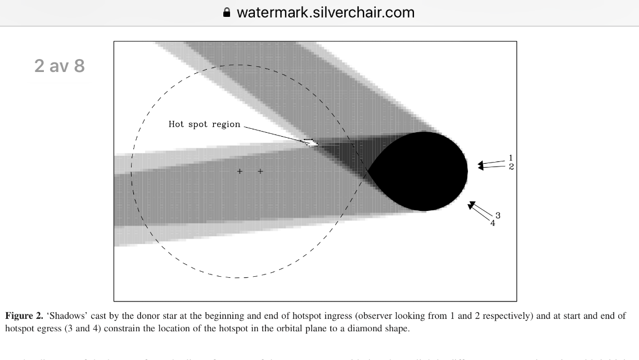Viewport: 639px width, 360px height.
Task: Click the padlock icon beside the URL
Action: point(227,12)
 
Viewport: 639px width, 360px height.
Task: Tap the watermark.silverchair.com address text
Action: point(325,12)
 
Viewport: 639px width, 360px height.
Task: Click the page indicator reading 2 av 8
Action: point(60,66)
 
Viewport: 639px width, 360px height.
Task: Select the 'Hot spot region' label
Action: point(204,124)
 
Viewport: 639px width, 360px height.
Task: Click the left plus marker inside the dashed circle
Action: point(240,171)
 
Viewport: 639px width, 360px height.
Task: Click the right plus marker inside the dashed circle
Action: point(260,171)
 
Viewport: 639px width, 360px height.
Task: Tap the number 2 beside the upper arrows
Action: point(511,166)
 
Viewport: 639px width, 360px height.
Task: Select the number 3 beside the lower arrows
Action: point(498,215)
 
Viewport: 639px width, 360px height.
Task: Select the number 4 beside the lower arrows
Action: point(493,223)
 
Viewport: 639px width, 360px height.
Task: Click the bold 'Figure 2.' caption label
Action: point(24,316)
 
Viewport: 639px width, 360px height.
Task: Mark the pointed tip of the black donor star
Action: point(368,170)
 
